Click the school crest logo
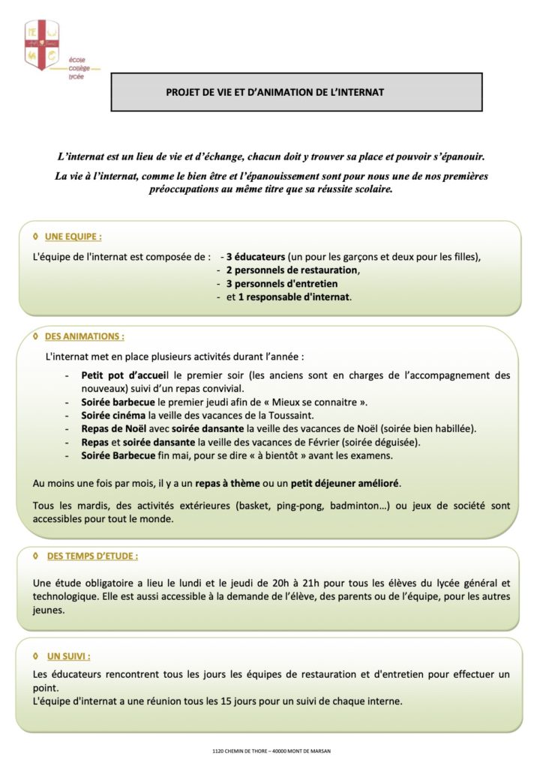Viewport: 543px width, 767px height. (42, 45)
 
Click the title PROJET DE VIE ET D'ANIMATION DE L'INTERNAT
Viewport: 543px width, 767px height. (274, 92)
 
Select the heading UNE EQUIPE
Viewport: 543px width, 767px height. (73, 236)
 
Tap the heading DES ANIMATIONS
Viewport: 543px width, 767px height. (84, 336)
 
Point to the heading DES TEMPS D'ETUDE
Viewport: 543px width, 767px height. (91, 557)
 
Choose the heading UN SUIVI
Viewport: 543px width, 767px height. (68, 655)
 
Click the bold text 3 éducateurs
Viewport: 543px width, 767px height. (256, 257)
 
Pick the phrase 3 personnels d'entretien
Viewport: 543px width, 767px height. (282, 283)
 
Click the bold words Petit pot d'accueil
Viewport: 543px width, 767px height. (127, 375)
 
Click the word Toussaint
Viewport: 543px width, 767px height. (292, 415)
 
